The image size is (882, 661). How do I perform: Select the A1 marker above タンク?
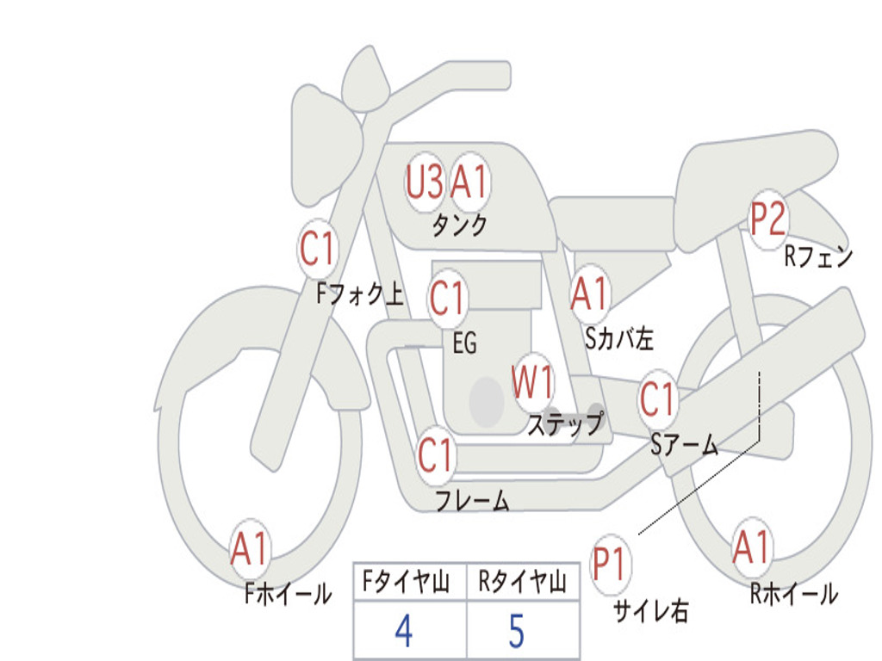[x=469, y=182]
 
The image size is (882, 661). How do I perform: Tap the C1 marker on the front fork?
[x=318, y=249]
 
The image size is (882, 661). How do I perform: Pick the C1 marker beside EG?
[x=448, y=298]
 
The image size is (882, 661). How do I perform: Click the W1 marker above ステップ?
[x=532, y=382]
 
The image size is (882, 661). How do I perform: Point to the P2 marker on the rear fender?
[x=767, y=219]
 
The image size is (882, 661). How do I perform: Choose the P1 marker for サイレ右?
[x=610, y=564]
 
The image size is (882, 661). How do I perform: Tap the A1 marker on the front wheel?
[x=249, y=548]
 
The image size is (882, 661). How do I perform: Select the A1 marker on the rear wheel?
[x=751, y=547]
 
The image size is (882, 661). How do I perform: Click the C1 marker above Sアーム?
[x=657, y=399]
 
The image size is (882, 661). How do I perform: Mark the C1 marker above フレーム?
[x=436, y=454]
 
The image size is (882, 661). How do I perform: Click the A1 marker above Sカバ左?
[x=590, y=294]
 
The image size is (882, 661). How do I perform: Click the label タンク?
[x=460, y=225]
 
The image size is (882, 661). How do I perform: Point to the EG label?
[x=465, y=343]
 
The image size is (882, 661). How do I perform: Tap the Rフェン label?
[x=819, y=256]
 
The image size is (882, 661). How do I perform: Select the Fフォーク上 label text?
[x=360, y=293]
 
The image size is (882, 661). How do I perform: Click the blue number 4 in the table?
[x=405, y=631]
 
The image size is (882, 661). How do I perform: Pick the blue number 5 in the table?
[x=517, y=631]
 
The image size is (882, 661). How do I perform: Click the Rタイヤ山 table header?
[x=523, y=582]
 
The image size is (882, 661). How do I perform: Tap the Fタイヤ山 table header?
[x=407, y=582]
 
